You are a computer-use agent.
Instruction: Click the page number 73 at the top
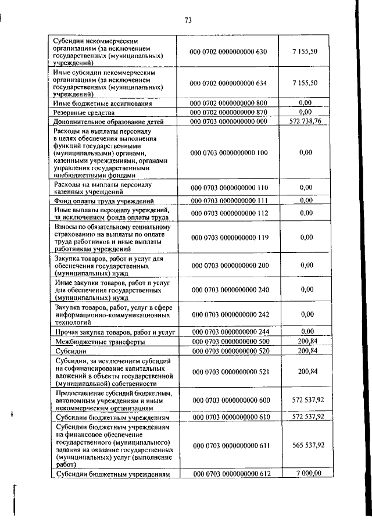click(x=188, y=20)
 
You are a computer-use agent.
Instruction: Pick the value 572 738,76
click(x=309, y=121)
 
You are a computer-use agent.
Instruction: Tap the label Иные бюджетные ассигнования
click(x=102, y=103)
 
